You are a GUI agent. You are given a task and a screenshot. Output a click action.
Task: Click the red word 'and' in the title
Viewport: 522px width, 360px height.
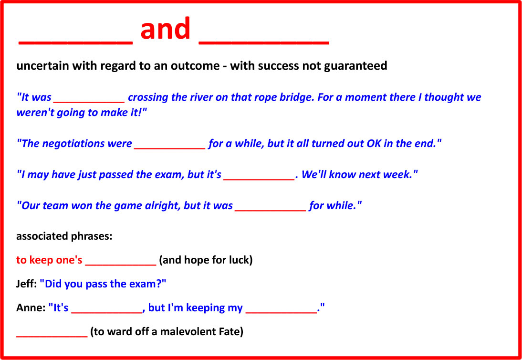165,29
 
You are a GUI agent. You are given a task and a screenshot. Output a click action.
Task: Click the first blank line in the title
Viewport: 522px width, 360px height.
75,43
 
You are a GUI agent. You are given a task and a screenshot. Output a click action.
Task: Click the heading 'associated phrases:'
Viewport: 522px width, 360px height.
64,237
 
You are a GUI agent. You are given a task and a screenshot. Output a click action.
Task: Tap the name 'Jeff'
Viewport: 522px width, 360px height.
25,284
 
